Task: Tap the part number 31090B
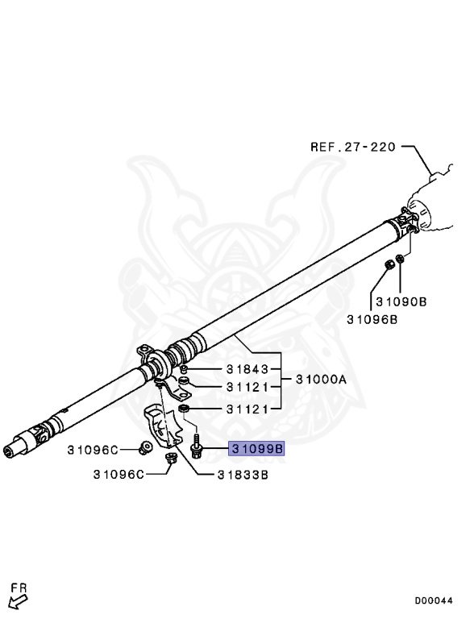400,301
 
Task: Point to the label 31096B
372,318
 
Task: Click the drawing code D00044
434,600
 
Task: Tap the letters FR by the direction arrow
19,588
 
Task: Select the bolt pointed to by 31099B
196,446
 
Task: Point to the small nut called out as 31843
184,371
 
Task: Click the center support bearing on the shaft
159,367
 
